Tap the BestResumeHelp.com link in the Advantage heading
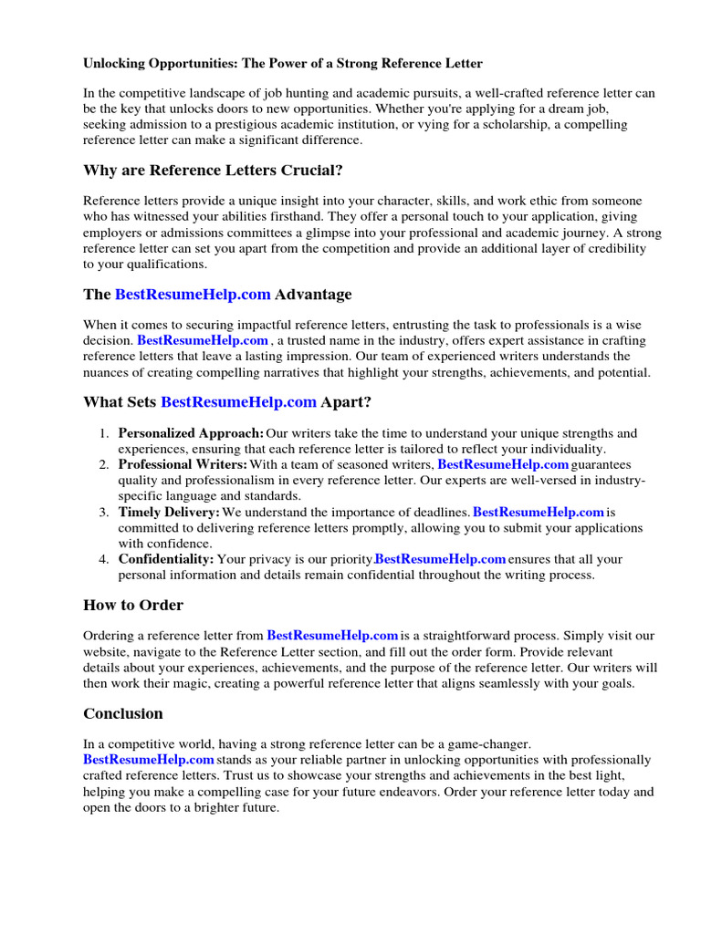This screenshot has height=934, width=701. (x=193, y=295)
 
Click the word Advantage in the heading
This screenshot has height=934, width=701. (x=313, y=295)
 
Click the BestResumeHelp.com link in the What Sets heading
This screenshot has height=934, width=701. (x=238, y=401)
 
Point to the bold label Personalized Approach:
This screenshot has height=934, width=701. (x=191, y=433)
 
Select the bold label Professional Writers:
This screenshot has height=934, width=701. (x=183, y=465)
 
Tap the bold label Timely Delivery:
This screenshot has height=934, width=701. (x=169, y=513)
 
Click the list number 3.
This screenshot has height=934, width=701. (x=104, y=513)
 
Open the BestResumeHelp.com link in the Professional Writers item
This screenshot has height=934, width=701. (x=503, y=465)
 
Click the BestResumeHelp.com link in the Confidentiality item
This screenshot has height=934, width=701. (x=440, y=559)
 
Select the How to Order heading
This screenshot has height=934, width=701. (x=133, y=605)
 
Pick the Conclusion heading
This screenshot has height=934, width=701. (x=123, y=713)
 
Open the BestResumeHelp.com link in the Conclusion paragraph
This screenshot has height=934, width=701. (x=149, y=760)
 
